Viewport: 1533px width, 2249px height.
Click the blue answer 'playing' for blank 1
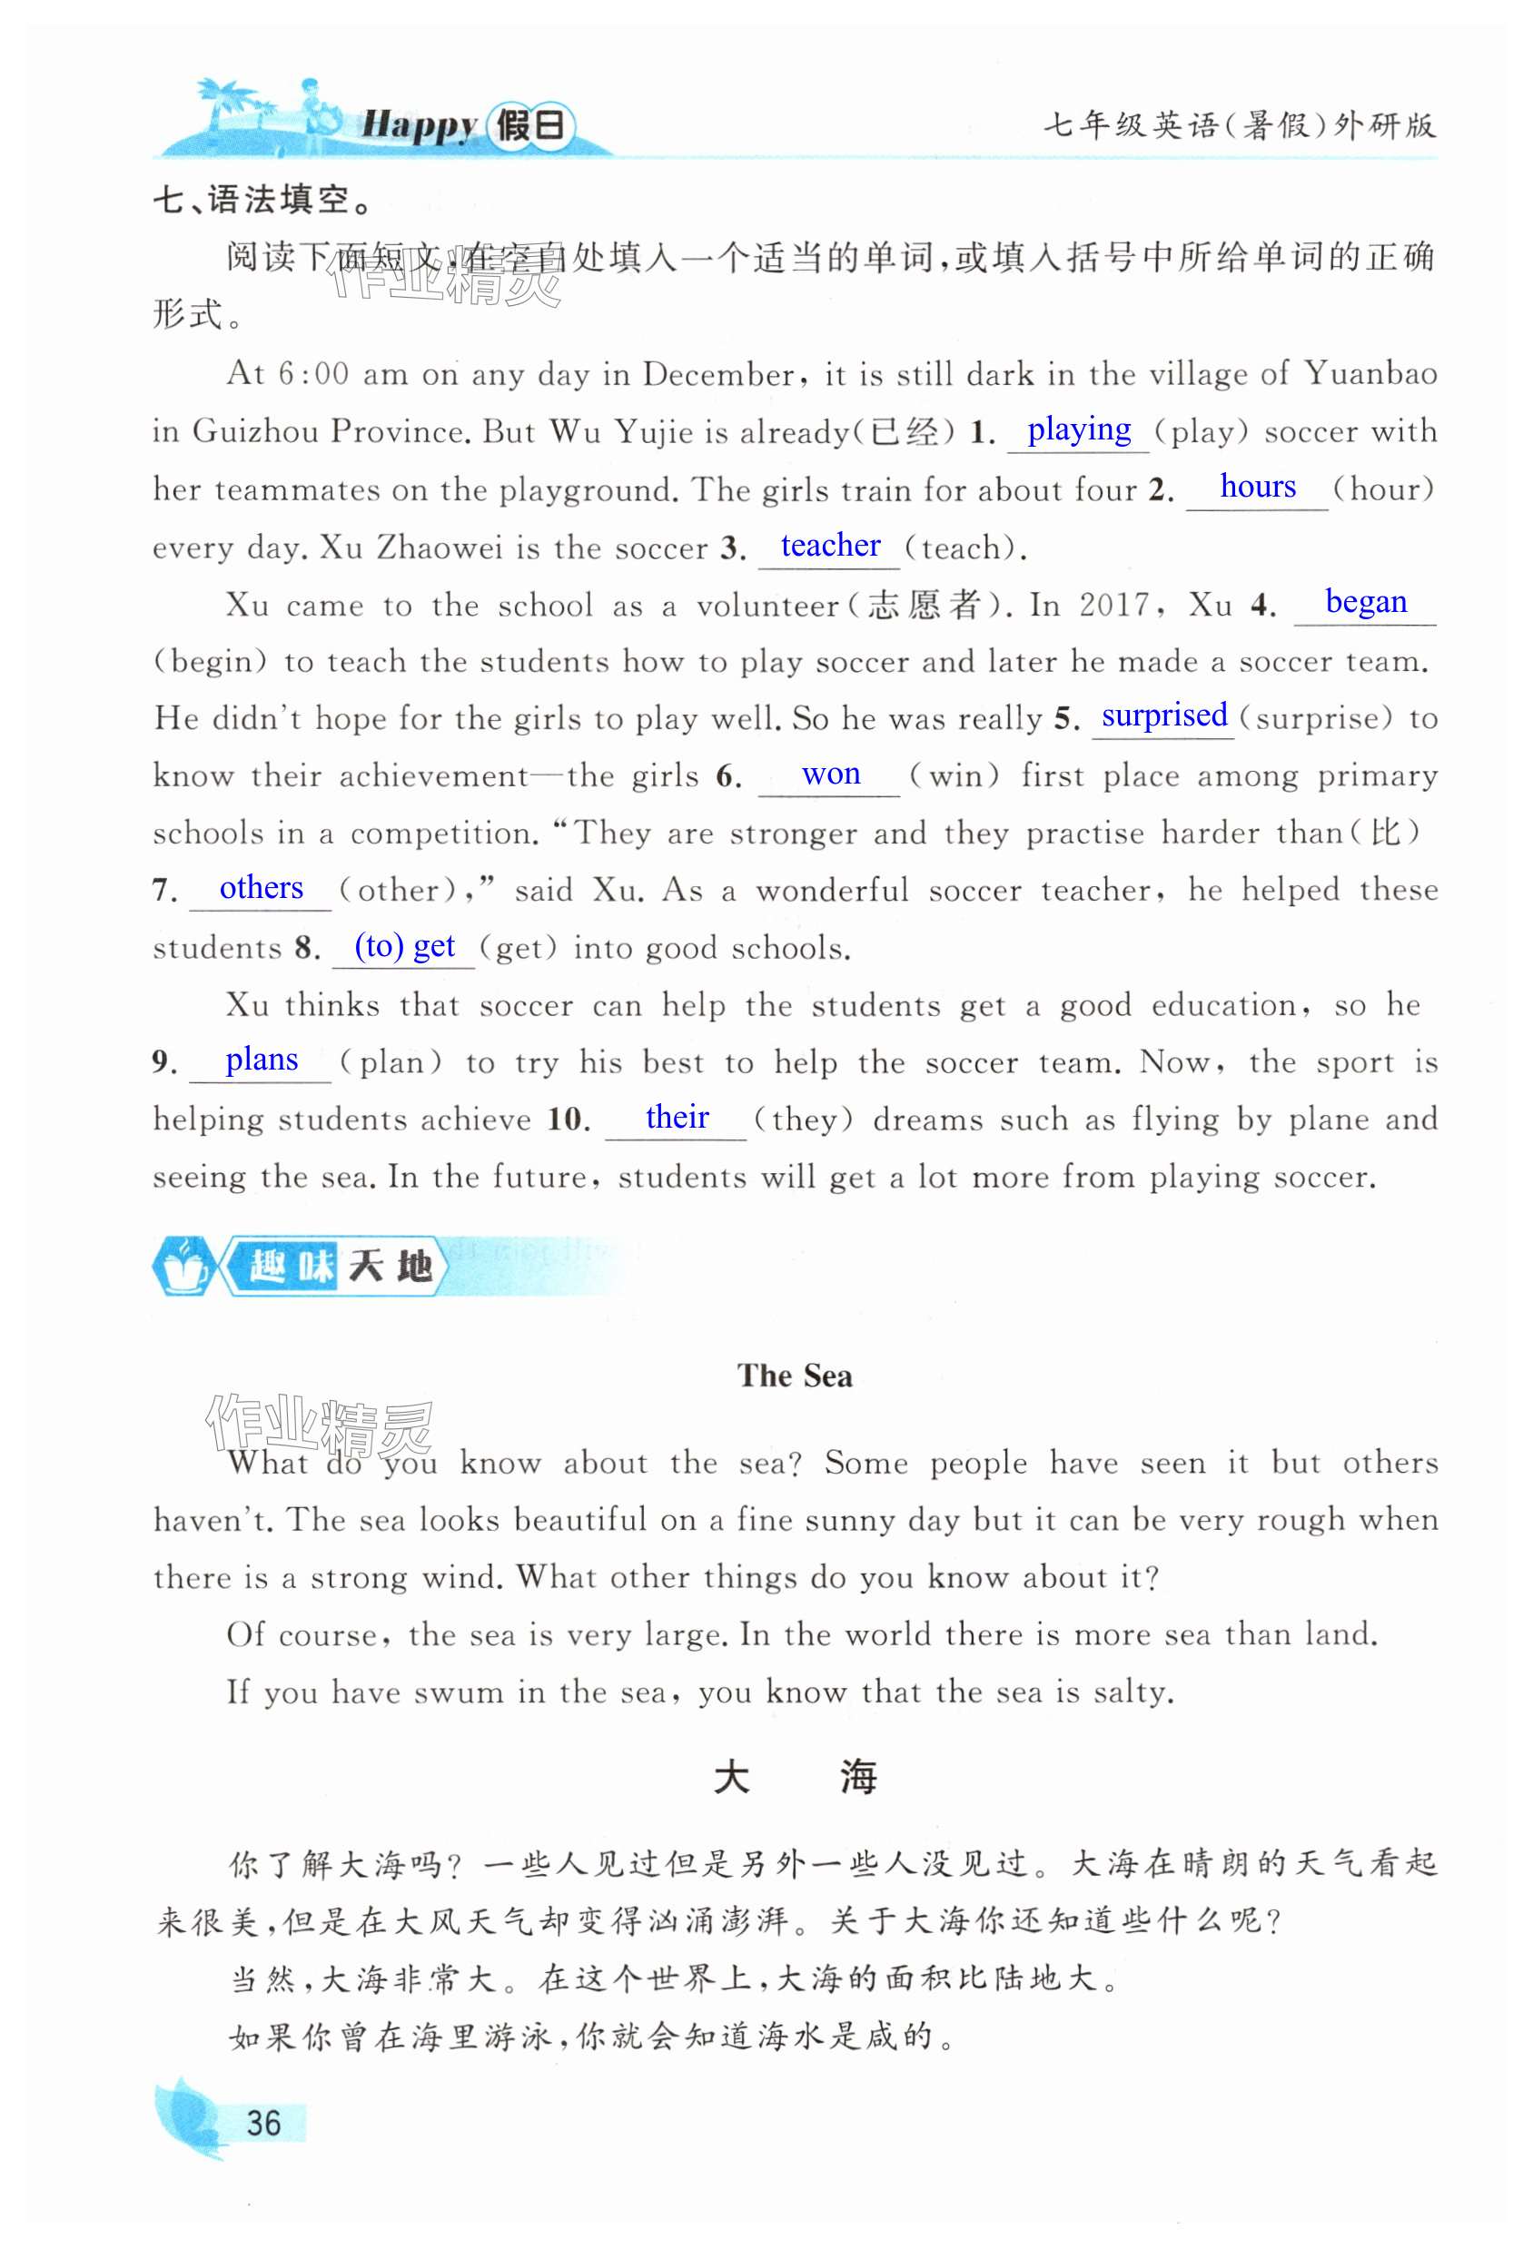coord(1078,429)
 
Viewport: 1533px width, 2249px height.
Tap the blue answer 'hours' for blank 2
coord(1256,487)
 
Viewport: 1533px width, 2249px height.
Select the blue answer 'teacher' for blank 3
coord(829,546)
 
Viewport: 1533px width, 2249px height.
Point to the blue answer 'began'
coord(1365,602)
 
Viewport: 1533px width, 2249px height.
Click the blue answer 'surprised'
coord(1163,716)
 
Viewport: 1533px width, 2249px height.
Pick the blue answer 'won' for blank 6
coord(830,774)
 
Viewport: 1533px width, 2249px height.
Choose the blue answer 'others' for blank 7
coord(261,888)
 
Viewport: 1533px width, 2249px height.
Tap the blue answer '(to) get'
coord(403,946)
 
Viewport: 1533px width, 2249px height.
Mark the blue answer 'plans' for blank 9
coord(262,1060)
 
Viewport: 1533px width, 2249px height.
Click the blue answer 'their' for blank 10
coord(677,1118)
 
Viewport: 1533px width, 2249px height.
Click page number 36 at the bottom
coord(263,2123)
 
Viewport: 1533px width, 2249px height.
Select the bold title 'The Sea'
coord(794,1376)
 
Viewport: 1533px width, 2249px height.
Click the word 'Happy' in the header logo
coord(418,126)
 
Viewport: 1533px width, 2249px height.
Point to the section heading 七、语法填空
coord(263,201)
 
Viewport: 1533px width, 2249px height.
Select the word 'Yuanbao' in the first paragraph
coord(1370,373)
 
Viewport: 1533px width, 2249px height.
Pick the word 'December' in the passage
coord(717,374)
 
